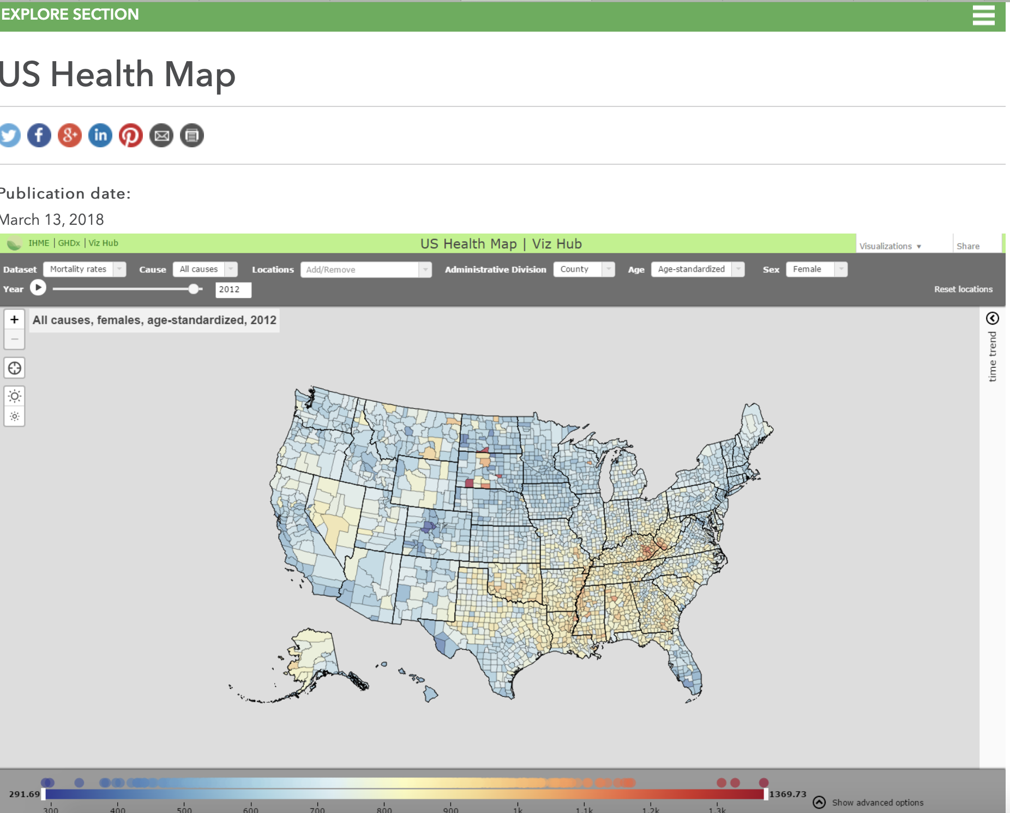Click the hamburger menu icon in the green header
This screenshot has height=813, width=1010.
point(983,15)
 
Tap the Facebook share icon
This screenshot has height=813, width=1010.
point(39,135)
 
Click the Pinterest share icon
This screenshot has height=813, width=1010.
point(131,135)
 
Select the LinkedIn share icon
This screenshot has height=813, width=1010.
point(100,135)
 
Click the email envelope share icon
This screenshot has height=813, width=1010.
point(161,135)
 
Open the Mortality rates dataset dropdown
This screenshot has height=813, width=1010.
point(85,269)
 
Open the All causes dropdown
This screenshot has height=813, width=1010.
point(205,269)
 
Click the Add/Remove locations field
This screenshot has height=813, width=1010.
point(365,270)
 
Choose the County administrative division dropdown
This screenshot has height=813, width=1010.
point(584,269)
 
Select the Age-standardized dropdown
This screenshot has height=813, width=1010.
point(698,269)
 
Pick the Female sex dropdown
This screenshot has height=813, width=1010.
point(816,269)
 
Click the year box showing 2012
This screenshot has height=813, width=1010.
point(233,290)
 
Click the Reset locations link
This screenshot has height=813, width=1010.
point(963,289)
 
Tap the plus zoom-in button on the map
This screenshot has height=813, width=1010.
point(15,319)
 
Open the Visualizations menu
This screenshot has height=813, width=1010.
point(890,246)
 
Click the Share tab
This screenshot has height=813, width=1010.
point(968,246)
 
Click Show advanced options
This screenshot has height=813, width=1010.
point(877,803)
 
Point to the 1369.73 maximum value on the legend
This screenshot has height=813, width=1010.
point(787,794)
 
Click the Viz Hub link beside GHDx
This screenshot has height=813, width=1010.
point(104,243)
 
